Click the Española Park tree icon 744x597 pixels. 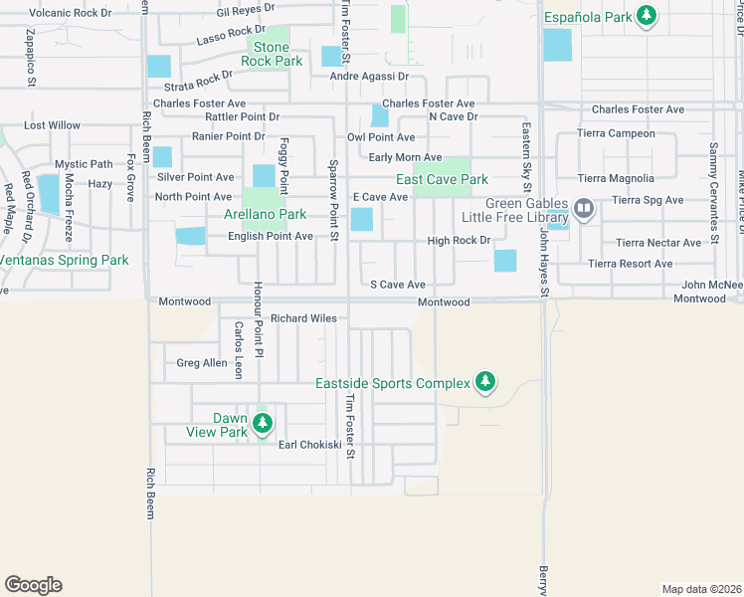[648, 15]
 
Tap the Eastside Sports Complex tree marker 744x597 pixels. [485, 381]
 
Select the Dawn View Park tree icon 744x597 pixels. [263, 423]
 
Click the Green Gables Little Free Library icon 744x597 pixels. [583, 209]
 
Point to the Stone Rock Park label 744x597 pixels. [272, 54]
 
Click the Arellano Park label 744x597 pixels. [265, 214]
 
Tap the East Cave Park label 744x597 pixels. [442, 179]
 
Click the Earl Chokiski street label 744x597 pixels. [309, 445]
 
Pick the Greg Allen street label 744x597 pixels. [202, 363]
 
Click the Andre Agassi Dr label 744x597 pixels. [369, 76]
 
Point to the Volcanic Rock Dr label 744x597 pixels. [71, 13]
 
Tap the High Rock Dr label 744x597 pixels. [459, 240]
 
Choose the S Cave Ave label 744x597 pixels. [398, 285]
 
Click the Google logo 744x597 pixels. [33, 584]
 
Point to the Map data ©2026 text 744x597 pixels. [701, 589]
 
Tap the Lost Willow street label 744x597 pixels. [52, 125]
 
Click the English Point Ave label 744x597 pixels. [271, 236]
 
